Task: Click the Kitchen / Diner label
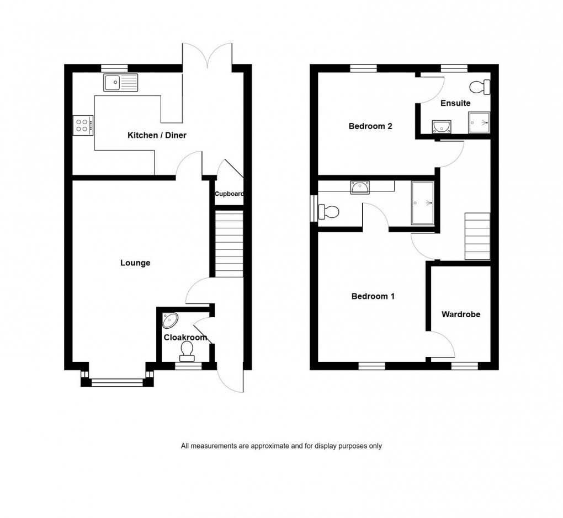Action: tap(157, 136)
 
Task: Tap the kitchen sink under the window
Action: tap(121, 83)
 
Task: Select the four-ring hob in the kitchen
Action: tap(83, 126)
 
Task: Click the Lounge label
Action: tap(135, 263)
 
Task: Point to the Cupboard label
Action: tap(229, 194)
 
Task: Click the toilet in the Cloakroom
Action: tap(187, 350)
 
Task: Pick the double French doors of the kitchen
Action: tap(208, 55)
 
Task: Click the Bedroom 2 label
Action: tap(370, 126)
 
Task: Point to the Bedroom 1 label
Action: tap(373, 296)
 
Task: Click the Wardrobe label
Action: tap(461, 314)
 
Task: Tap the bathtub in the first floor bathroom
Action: tap(423, 204)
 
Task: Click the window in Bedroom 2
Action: tap(363, 68)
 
